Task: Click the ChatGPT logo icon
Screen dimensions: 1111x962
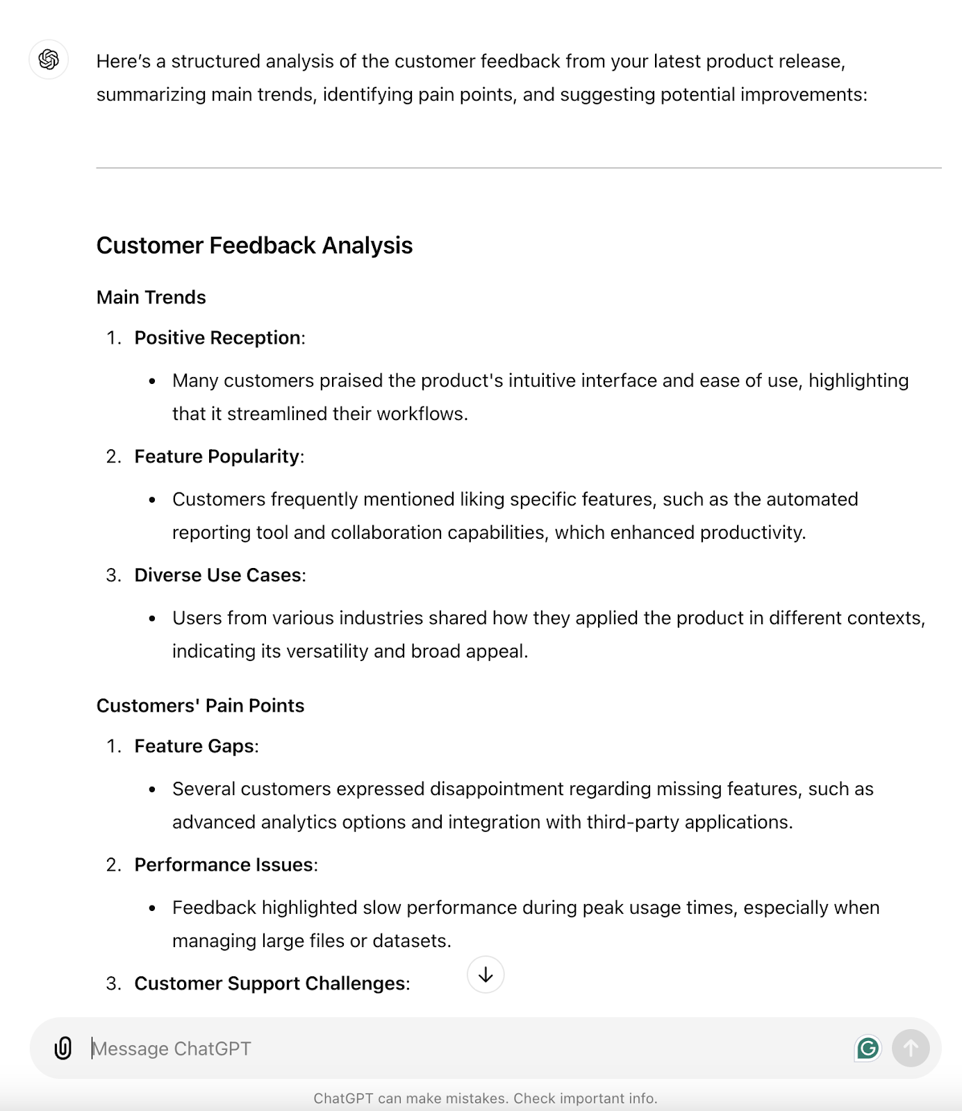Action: pos(49,60)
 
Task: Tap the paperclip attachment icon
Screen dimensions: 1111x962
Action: pos(63,1048)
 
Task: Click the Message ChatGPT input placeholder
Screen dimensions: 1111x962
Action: pos(172,1049)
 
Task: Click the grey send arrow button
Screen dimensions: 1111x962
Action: pos(911,1048)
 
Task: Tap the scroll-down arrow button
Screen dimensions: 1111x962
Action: pos(486,975)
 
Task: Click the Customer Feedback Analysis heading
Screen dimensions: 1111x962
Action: pos(254,246)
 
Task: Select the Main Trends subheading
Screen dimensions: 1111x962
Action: pos(151,298)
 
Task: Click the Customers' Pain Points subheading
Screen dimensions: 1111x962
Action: pos(200,706)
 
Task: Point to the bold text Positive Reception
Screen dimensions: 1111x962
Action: pos(217,338)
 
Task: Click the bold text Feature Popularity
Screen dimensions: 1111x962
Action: pos(217,457)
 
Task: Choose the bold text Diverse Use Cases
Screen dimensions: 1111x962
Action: pos(217,576)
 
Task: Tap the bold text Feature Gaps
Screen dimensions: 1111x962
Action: pos(194,746)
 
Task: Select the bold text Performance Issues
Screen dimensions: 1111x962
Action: pos(224,865)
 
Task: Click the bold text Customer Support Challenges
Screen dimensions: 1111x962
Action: pos(269,984)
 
